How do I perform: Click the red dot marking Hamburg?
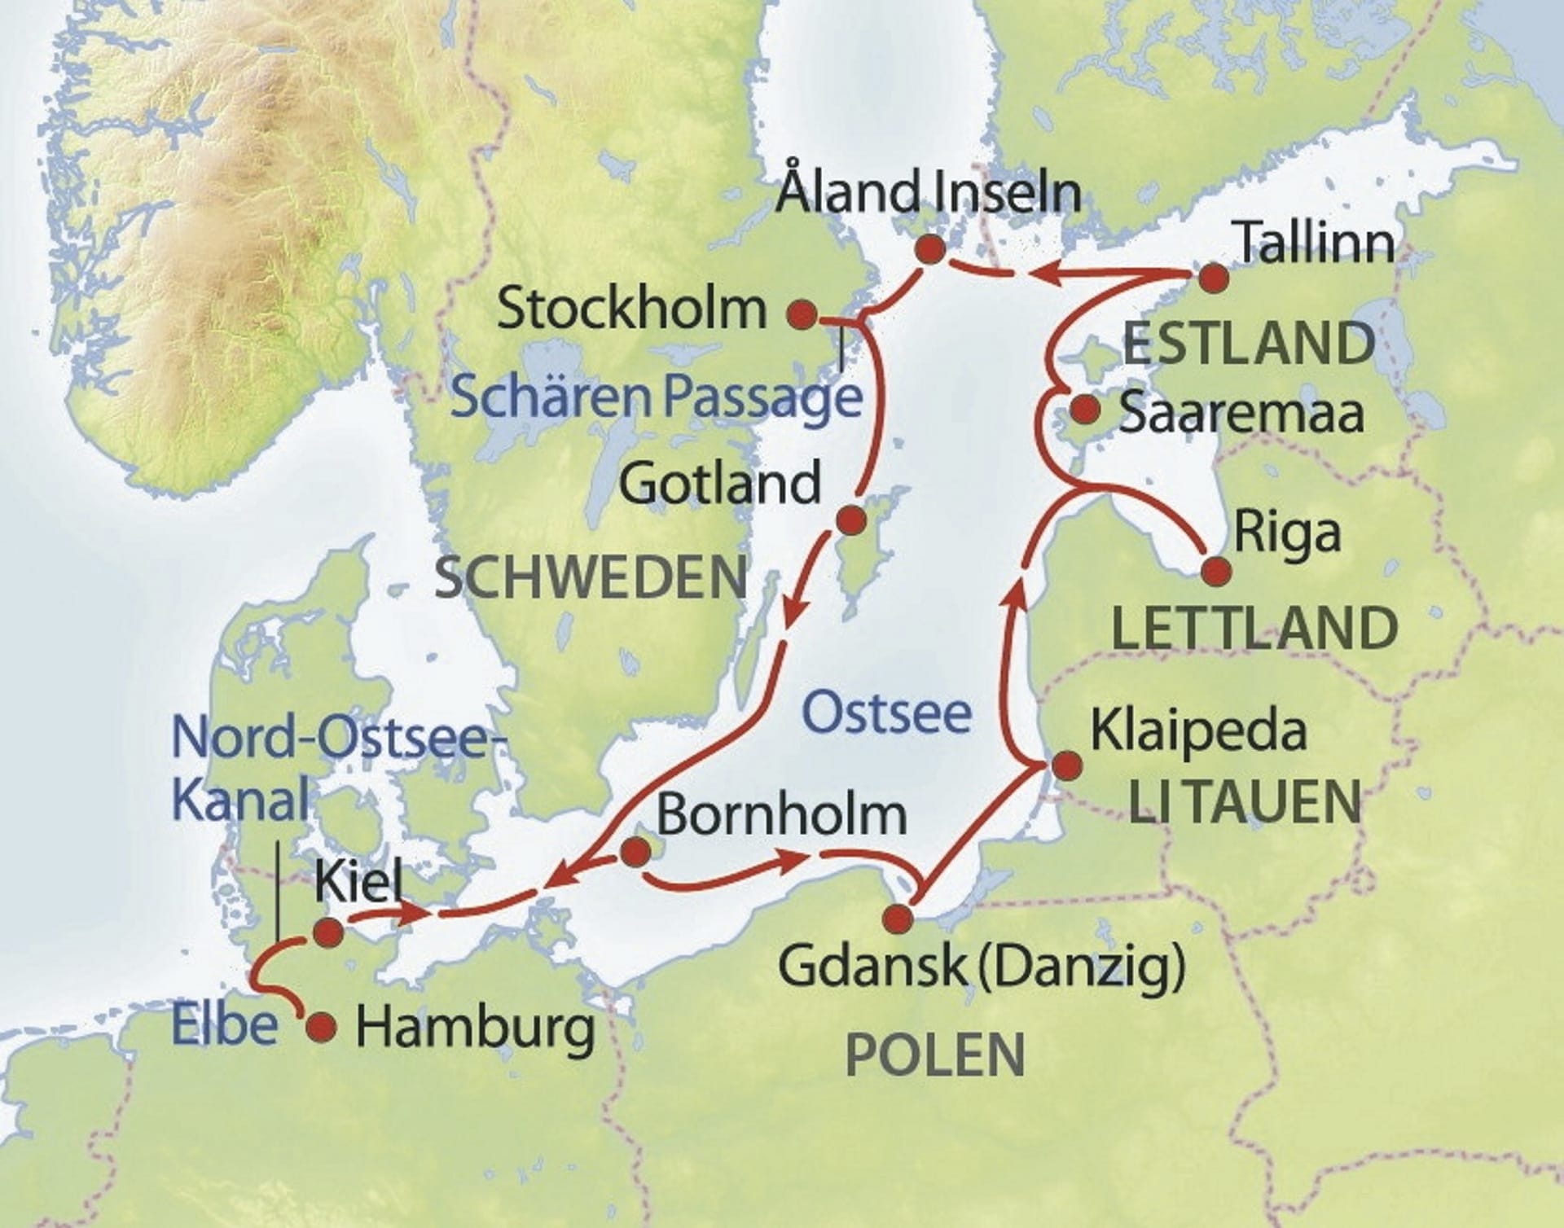click(x=321, y=1027)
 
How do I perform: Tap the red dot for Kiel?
click(x=328, y=933)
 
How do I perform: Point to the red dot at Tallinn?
click(x=1215, y=278)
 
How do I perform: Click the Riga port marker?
click(x=1215, y=571)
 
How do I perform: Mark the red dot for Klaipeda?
click(x=1067, y=765)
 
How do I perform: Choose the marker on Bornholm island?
click(x=635, y=853)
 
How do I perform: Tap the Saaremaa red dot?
click(x=1083, y=410)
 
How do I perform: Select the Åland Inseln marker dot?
click(x=930, y=249)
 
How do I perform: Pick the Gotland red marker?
click(x=851, y=520)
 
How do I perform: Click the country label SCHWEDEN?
click(x=591, y=577)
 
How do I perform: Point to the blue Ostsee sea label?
click(x=887, y=713)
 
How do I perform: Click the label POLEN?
click(x=935, y=1055)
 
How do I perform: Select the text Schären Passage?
click(x=656, y=397)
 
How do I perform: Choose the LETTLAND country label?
click(x=1254, y=628)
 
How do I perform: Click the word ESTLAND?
click(x=1249, y=343)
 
